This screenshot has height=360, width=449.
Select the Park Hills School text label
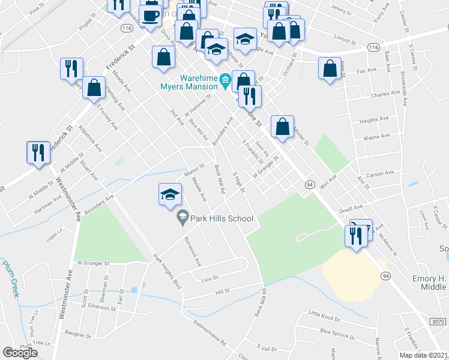coord(222,219)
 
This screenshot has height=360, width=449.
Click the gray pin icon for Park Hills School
coord(183,220)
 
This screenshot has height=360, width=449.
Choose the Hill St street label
coord(223,292)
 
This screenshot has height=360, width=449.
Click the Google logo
coord(20,353)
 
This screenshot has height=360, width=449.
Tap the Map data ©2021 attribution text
coord(423,355)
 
